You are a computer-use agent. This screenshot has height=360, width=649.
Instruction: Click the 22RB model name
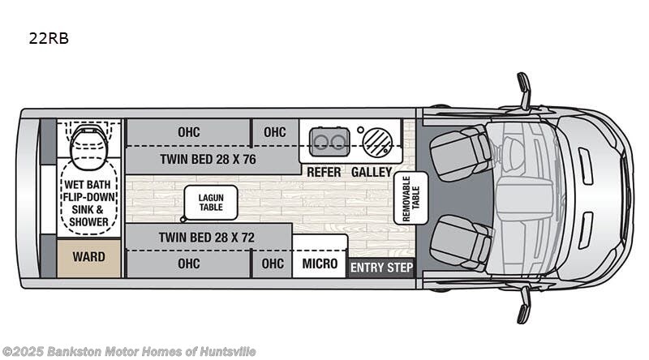tap(51, 38)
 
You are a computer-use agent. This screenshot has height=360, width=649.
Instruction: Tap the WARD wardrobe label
tap(88, 258)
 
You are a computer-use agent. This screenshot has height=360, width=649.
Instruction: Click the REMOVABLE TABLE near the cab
tap(404, 198)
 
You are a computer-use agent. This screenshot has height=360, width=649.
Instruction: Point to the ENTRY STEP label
tap(381, 268)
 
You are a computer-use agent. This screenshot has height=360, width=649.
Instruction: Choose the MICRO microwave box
tap(320, 264)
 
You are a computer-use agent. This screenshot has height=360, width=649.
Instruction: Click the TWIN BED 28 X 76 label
tap(208, 160)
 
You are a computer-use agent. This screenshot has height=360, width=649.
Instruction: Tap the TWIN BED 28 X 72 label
tap(208, 238)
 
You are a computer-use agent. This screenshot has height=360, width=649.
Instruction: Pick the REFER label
tap(323, 172)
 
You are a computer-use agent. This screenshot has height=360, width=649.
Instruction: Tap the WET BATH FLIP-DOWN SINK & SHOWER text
tap(88, 200)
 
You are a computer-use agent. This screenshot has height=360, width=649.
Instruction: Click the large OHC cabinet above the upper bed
tap(188, 132)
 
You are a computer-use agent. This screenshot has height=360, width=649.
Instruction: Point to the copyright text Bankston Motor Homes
tap(130, 351)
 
